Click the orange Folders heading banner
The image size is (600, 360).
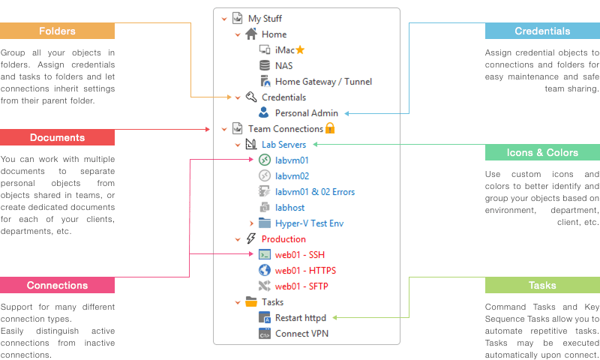[58, 31]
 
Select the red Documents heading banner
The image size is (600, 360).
[58, 137]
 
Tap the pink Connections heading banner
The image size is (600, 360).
[58, 285]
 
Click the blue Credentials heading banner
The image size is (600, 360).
[542, 31]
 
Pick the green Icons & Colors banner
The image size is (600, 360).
[542, 152]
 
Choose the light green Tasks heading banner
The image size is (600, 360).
[542, 285]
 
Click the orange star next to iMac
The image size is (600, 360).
[300, 49]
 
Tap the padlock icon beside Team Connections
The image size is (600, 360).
[330, 128]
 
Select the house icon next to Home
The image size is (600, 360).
[251, 34]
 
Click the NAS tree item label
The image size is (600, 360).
[284, 66]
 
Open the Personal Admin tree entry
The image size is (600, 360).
[307, 113]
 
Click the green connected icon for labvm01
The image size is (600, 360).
[265, 160]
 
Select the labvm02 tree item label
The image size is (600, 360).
[292, 176]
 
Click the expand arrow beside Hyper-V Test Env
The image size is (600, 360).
[251, 223]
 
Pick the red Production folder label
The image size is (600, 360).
[283, 239]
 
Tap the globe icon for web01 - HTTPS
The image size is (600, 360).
[265, 270]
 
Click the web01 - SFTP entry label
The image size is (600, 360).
[301, 286]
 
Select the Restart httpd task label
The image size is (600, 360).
[301, 318]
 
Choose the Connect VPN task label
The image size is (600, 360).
[301, 334]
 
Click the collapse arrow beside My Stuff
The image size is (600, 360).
[224, 19]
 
